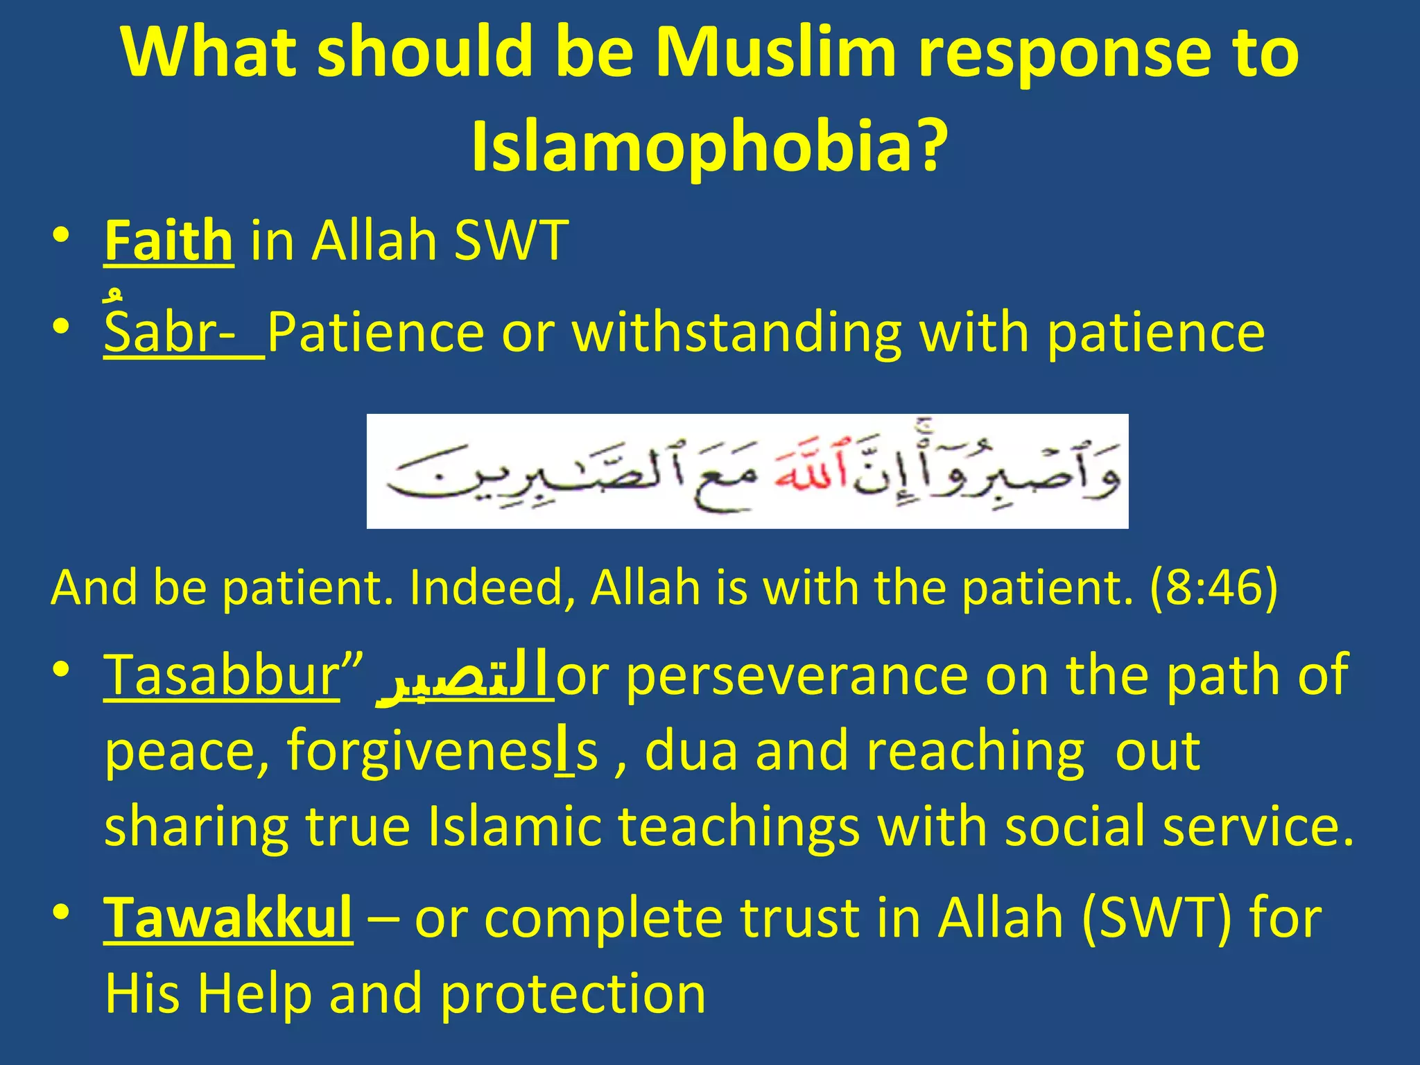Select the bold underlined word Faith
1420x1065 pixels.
[168, 241]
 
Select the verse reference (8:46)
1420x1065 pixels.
[1213, 587]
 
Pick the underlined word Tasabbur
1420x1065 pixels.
[221, 675]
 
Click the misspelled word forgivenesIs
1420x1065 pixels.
[442, 752]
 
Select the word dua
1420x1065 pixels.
[690, 751]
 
